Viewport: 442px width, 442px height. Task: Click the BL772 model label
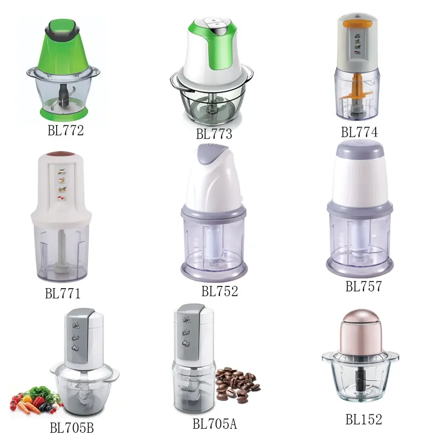pyautogui.click(x=65, y=131)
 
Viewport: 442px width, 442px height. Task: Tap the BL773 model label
pyautogui.click(x=214, y=134)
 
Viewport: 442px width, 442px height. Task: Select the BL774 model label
pyautogui.click(x=359, y=133)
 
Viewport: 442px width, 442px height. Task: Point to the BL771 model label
pyautogui.click(x=63, y=293)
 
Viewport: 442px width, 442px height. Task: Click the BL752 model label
pyautogui.click(x=219, y=291)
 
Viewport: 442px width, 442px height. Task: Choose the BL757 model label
pyautogui.click(x=364, y=286)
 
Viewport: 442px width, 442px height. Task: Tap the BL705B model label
pyautogui.click(x=72, y=428)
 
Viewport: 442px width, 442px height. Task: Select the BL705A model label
pyautogui.click(x=215, y=423)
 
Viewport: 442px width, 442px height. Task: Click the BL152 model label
pyautogui.click(x=364, y=419)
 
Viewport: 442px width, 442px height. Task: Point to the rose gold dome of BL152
pyautogui.click(x=360, y=331)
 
